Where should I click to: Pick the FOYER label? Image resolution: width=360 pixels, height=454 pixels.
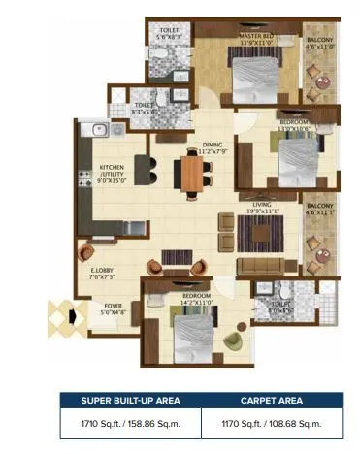(x=114, y=308)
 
